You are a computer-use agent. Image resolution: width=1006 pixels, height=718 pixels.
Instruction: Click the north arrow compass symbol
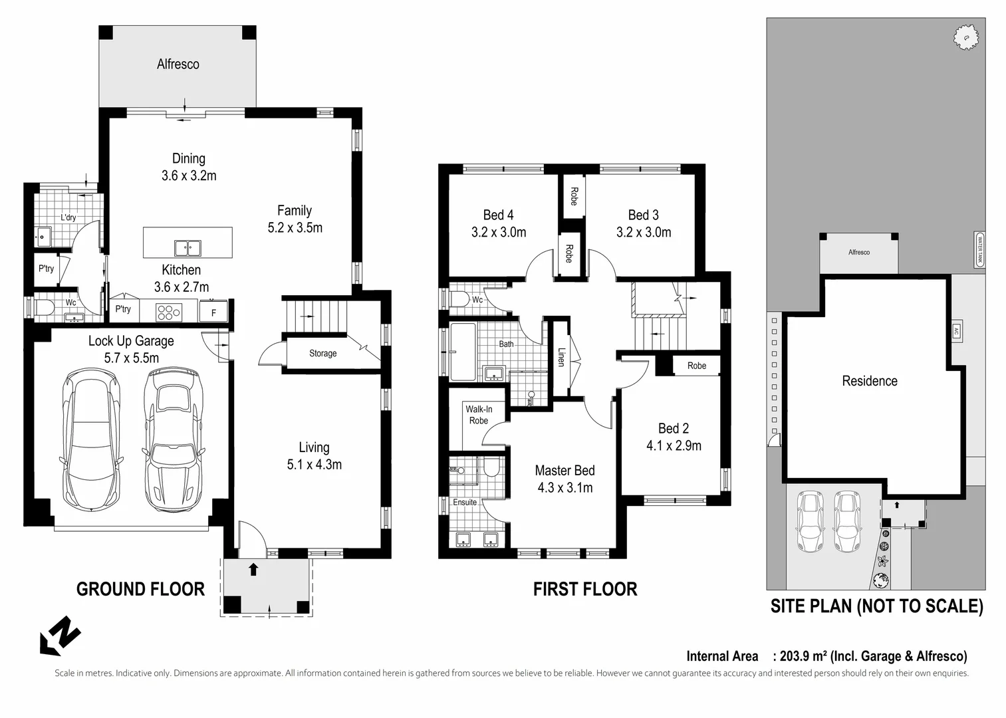click(x=60, y=636)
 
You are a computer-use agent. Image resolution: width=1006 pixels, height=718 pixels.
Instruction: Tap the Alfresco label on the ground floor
click(x=178, y=64)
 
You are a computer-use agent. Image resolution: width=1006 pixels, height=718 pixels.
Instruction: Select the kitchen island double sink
click(x=188, y=248)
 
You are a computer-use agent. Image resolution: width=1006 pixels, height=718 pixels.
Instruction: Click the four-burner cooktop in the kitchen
click(x=168, y=312)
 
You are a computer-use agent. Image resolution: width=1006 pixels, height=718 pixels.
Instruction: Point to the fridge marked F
click(x=213, y=312)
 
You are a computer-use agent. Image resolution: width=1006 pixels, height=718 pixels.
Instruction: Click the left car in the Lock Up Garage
click(x=92, y=440)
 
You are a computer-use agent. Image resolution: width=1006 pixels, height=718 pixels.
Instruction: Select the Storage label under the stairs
click(x=322, y=354)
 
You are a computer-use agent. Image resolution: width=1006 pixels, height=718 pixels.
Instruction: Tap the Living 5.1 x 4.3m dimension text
click(x=314, y=465)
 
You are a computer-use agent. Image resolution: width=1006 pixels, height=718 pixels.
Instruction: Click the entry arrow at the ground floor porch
click(x=253, y=569)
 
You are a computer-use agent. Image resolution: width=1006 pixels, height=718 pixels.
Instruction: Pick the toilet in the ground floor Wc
click(x=44, y=308)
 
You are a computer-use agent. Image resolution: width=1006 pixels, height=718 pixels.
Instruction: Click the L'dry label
click(x=68, y=217)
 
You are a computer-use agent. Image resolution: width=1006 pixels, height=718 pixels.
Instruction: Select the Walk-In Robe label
click(x=478, y=415)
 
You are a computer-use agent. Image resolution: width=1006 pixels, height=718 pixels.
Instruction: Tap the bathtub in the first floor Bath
click(x=463, y=352)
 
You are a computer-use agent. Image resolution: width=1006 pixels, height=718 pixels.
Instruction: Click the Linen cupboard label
click(x=561, y=357)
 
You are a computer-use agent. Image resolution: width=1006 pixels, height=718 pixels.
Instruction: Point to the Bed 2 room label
click(x=673, y=429)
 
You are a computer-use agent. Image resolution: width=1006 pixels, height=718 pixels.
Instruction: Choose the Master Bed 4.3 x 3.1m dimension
click(x=565, y=488)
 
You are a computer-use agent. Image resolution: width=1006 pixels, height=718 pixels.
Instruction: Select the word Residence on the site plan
click(x=869, y=381)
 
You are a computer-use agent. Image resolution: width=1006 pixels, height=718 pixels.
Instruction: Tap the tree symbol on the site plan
click(x=965, y=37)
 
